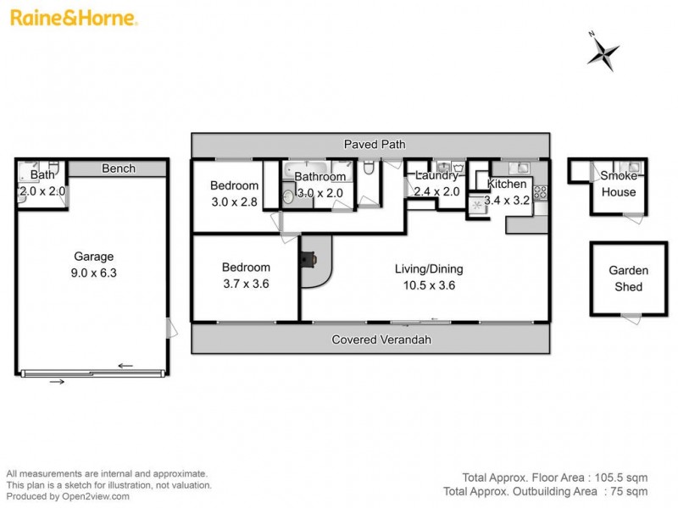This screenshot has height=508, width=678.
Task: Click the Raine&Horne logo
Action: click(x=74, y=18)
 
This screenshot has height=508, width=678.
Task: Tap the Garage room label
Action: click(x=93, y=257)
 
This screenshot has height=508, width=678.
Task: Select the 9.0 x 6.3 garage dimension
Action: click(x=93, y=273)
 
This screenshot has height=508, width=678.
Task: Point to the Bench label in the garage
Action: click(x=118, y=168)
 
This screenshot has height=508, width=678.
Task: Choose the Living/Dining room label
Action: click(x=429, y=269)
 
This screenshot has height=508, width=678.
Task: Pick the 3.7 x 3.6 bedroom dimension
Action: click(x=244, y=284)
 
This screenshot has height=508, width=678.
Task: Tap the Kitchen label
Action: click(x=506, y=185)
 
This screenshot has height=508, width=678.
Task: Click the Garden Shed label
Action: click(x=629, y=279)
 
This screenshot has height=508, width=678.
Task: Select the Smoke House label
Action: click(x=618, y=184)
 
